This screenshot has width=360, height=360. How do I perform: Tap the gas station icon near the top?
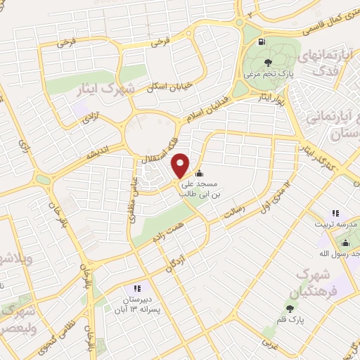pyautogui.click(x=262, y=42)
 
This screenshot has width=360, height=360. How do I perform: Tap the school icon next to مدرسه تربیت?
pyautogui.click(x=335, y=212)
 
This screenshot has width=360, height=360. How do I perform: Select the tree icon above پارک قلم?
pyautogui.click(x=290, y=309)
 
